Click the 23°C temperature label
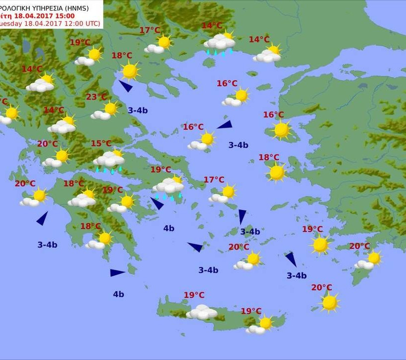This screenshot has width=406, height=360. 97,97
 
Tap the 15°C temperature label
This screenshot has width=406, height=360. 101,144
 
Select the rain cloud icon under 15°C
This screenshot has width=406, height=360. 109,161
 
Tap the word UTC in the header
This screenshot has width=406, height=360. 90,23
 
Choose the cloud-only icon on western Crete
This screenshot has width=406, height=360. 202,312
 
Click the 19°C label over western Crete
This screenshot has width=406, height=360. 194,295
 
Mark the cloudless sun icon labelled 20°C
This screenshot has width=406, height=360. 329,302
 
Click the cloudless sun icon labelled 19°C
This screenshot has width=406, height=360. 320,244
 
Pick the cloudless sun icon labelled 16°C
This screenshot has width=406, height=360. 281,130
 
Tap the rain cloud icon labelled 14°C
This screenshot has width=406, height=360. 219,44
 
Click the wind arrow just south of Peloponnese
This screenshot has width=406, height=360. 117,272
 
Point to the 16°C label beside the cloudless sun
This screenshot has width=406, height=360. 273,115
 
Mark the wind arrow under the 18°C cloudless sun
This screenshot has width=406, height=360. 126,86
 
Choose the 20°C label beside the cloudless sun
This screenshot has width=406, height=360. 322,288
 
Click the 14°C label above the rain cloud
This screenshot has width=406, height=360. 212,26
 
